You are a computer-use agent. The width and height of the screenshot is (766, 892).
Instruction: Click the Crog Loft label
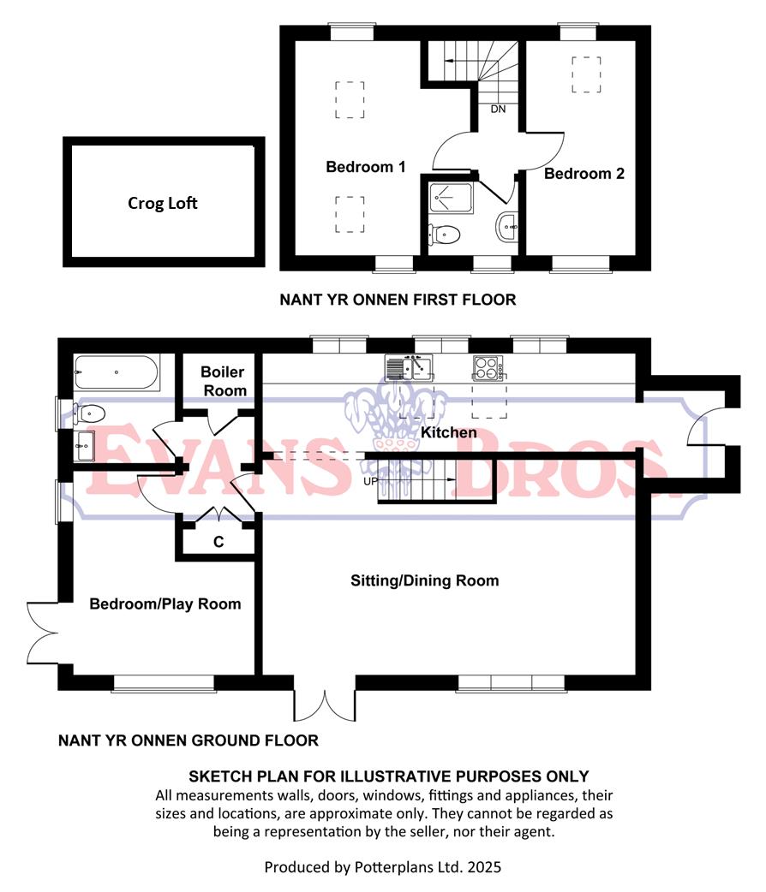coord(163,203)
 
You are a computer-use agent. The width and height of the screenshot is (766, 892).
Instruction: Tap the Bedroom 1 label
coord(365,167)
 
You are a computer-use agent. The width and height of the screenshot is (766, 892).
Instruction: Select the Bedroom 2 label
coord(584,174)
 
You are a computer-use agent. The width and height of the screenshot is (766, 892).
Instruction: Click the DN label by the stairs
coord(498,110)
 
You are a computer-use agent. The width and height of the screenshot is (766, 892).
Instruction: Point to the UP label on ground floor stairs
coord(370,482)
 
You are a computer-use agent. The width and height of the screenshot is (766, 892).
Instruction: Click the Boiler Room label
coord(223,381)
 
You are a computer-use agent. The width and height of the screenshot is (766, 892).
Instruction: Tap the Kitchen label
coord(448,432)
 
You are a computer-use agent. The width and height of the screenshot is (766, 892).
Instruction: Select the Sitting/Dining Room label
coord(424,580)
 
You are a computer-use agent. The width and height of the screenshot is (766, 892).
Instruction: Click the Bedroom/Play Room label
coord(165,604)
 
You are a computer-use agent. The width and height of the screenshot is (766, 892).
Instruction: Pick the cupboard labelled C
coord(219,542)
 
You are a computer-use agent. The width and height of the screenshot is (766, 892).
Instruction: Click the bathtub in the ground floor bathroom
coord(116,372)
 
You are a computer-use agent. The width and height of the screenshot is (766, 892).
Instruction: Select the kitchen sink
coord(412,368)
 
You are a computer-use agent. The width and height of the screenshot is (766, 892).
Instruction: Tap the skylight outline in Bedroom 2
coord(586,74)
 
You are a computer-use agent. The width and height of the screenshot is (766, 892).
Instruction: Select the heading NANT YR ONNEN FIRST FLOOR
coord(398,300)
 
